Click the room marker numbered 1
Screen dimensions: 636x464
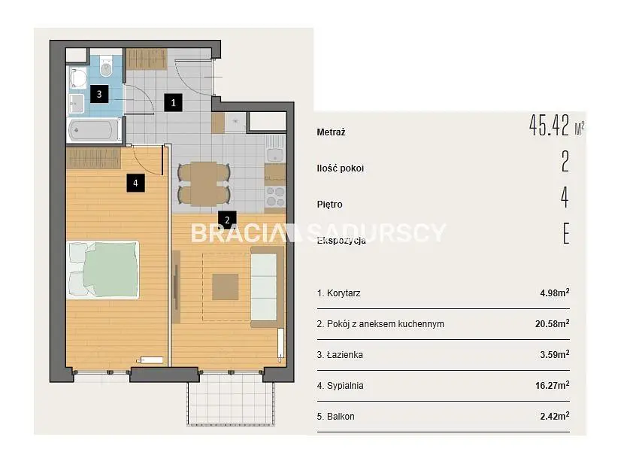[x=173, y=102]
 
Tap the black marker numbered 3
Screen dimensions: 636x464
[x=99, y=94]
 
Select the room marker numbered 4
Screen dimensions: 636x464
[x=135, y=183]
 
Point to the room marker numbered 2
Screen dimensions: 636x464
[x=227, y=220]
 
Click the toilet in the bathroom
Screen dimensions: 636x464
[x=106, y=65]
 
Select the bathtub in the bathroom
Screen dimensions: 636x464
[x=94, y=130]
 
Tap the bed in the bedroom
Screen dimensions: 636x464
[x=103, y=270]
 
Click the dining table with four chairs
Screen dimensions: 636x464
[x=204, y=183]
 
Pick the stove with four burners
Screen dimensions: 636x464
[x=275, y=197]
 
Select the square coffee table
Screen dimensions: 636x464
[x=226, y=287]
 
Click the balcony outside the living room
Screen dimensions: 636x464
[x=230, y=399]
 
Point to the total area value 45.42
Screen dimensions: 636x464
[x=550, y=126]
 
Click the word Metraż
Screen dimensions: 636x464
[x=331, y=132]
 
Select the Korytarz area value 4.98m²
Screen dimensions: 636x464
[x=555, y=293]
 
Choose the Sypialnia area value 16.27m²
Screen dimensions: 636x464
[x=552, y=385]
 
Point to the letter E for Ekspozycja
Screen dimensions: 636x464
[x=566, y=234]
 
